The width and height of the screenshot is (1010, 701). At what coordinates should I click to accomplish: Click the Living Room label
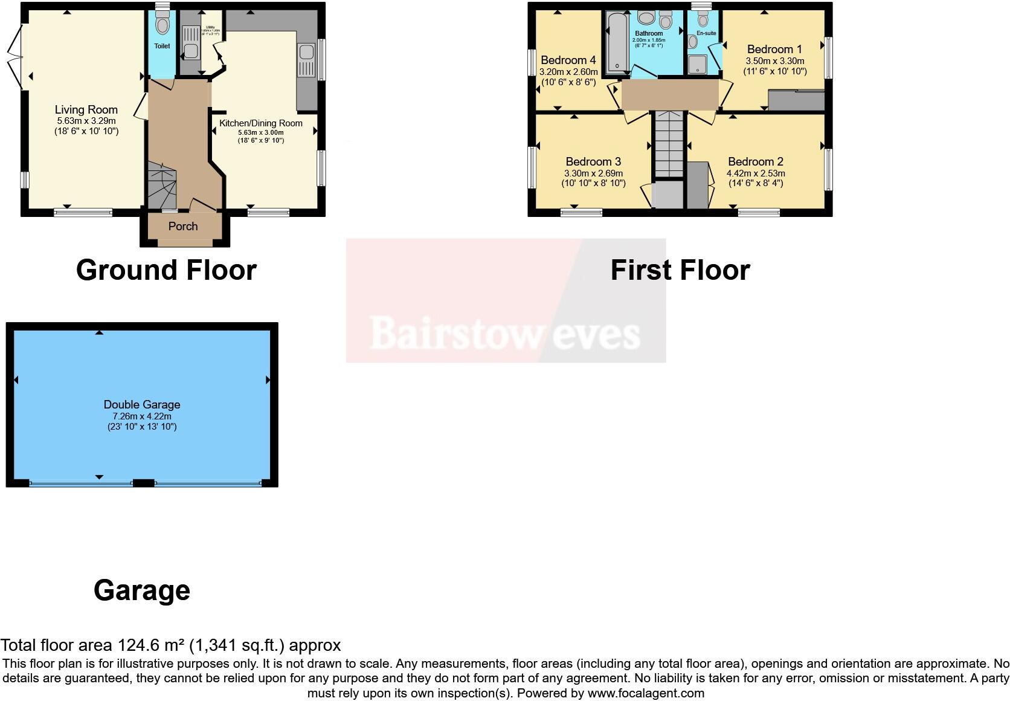click(x=86, y=109)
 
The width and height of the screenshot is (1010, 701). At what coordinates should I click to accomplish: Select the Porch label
click(x=183, y=226)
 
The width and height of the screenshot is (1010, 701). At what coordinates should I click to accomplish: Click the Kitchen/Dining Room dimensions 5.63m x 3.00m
click(x=260, y=132)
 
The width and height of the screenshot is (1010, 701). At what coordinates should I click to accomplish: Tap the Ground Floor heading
click(x=166, y=270)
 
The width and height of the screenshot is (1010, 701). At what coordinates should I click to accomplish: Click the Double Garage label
click(x=142, y=404)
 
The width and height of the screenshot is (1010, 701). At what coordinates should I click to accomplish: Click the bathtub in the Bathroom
click(x=617, y=42)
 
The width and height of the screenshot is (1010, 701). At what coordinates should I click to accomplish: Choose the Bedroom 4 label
click(x=568, y=60)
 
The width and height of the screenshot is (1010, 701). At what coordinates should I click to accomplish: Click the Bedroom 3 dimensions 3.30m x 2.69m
click(x=593, y=173)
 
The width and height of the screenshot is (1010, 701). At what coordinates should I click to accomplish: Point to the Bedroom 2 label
click(x=755, y=161)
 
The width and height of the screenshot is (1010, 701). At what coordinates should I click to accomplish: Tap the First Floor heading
click(x=680, y=270)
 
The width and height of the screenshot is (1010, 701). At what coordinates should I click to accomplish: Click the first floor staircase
click(x=669, y=145)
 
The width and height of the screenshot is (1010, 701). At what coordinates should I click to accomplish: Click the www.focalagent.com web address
click(x=646, y=693)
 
